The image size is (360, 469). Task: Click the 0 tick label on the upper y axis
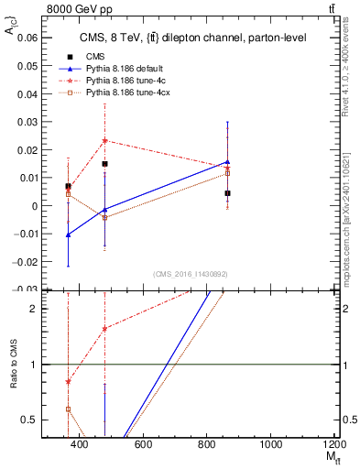34,206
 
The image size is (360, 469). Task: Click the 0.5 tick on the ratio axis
31,420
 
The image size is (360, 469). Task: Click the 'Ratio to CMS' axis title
13,365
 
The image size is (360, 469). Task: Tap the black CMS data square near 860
227,193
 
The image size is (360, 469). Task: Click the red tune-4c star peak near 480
105,140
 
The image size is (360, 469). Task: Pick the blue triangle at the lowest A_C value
68,234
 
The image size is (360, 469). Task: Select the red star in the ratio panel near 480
105,328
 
